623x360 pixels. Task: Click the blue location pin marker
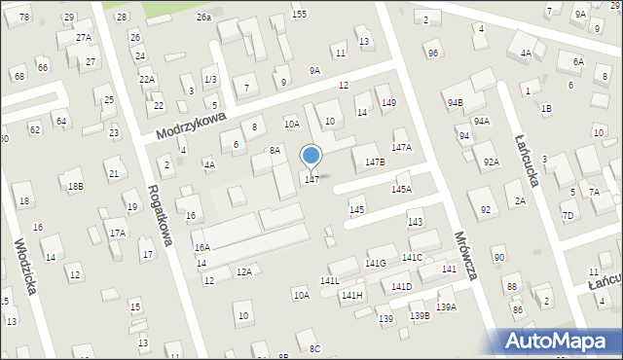311,157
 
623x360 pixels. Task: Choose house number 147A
401,147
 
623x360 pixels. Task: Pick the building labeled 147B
375,162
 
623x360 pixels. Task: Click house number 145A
401,189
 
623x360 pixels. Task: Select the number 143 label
415,223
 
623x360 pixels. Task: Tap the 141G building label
376,263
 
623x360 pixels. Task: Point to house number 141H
351,295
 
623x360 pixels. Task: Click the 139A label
446,307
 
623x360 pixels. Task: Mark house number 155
299,14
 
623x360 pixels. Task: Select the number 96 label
432,53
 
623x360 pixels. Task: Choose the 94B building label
455,102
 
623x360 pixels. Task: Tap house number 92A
491,162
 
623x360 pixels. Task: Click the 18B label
75,186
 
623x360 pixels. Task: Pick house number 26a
202,18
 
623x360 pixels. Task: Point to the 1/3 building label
210,79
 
